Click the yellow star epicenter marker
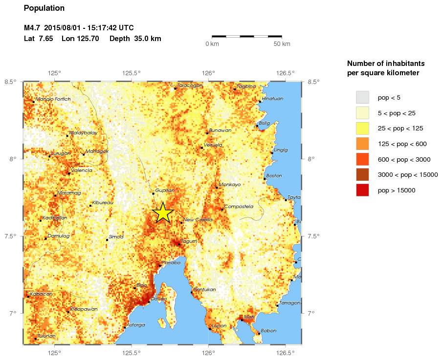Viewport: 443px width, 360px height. pos(163,212)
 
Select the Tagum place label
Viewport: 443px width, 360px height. pos(189,241)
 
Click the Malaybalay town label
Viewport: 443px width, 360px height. pos(84,132)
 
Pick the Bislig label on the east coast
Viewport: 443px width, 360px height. pos(264,123)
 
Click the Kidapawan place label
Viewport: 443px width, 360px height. pos(84,309)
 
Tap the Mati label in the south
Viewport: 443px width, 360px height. pos(249,317)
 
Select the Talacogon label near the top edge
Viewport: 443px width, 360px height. pos(190,85)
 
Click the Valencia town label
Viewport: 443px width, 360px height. pos(82,170)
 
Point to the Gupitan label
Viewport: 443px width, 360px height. pos(165,190)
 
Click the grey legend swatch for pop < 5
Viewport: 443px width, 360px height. pos(362,97)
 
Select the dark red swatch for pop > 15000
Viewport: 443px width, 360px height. pos(362,190)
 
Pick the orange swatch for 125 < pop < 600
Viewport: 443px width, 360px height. pos(362,144)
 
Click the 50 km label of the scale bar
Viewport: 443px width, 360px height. pos(282,44)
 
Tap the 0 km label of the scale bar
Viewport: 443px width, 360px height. pos(212,44)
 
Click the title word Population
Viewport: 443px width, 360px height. pos(44,8)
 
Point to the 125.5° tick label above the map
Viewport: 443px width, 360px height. pos(131,73)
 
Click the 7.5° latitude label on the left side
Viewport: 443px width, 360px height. pos(11,236)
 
